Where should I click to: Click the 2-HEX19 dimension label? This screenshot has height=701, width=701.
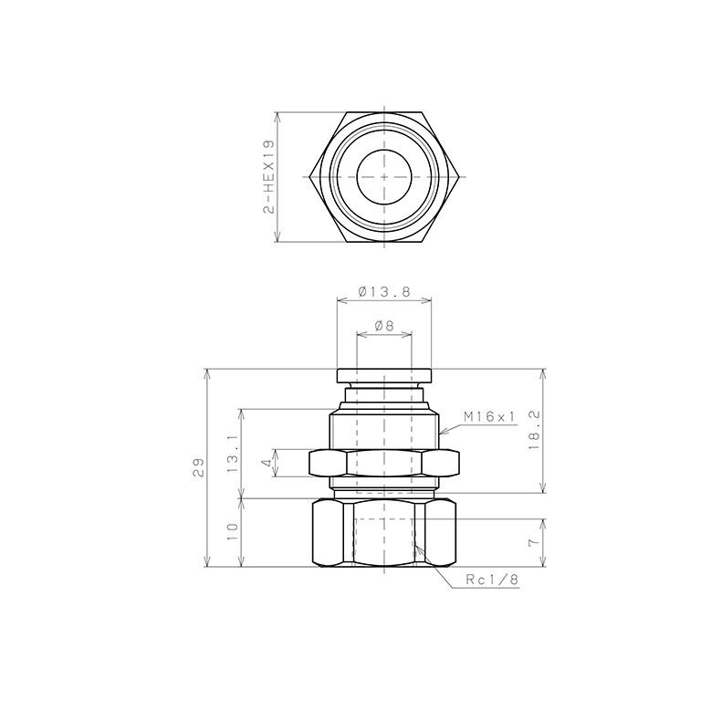tap(268, 177)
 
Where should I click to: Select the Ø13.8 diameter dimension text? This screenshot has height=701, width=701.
tap(384, 292)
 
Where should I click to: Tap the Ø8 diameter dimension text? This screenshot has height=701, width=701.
tap(383, 326)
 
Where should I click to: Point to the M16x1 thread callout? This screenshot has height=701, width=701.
tap(489, 417)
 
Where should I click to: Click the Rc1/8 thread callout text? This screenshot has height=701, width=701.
tap(492, 580)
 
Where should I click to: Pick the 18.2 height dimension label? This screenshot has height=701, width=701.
tap(534, 430)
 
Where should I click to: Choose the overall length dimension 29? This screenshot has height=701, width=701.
tap(199, 467)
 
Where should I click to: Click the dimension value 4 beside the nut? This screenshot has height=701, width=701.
tap(267, 463)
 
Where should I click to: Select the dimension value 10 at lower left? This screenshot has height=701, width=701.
tap(233, 532)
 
